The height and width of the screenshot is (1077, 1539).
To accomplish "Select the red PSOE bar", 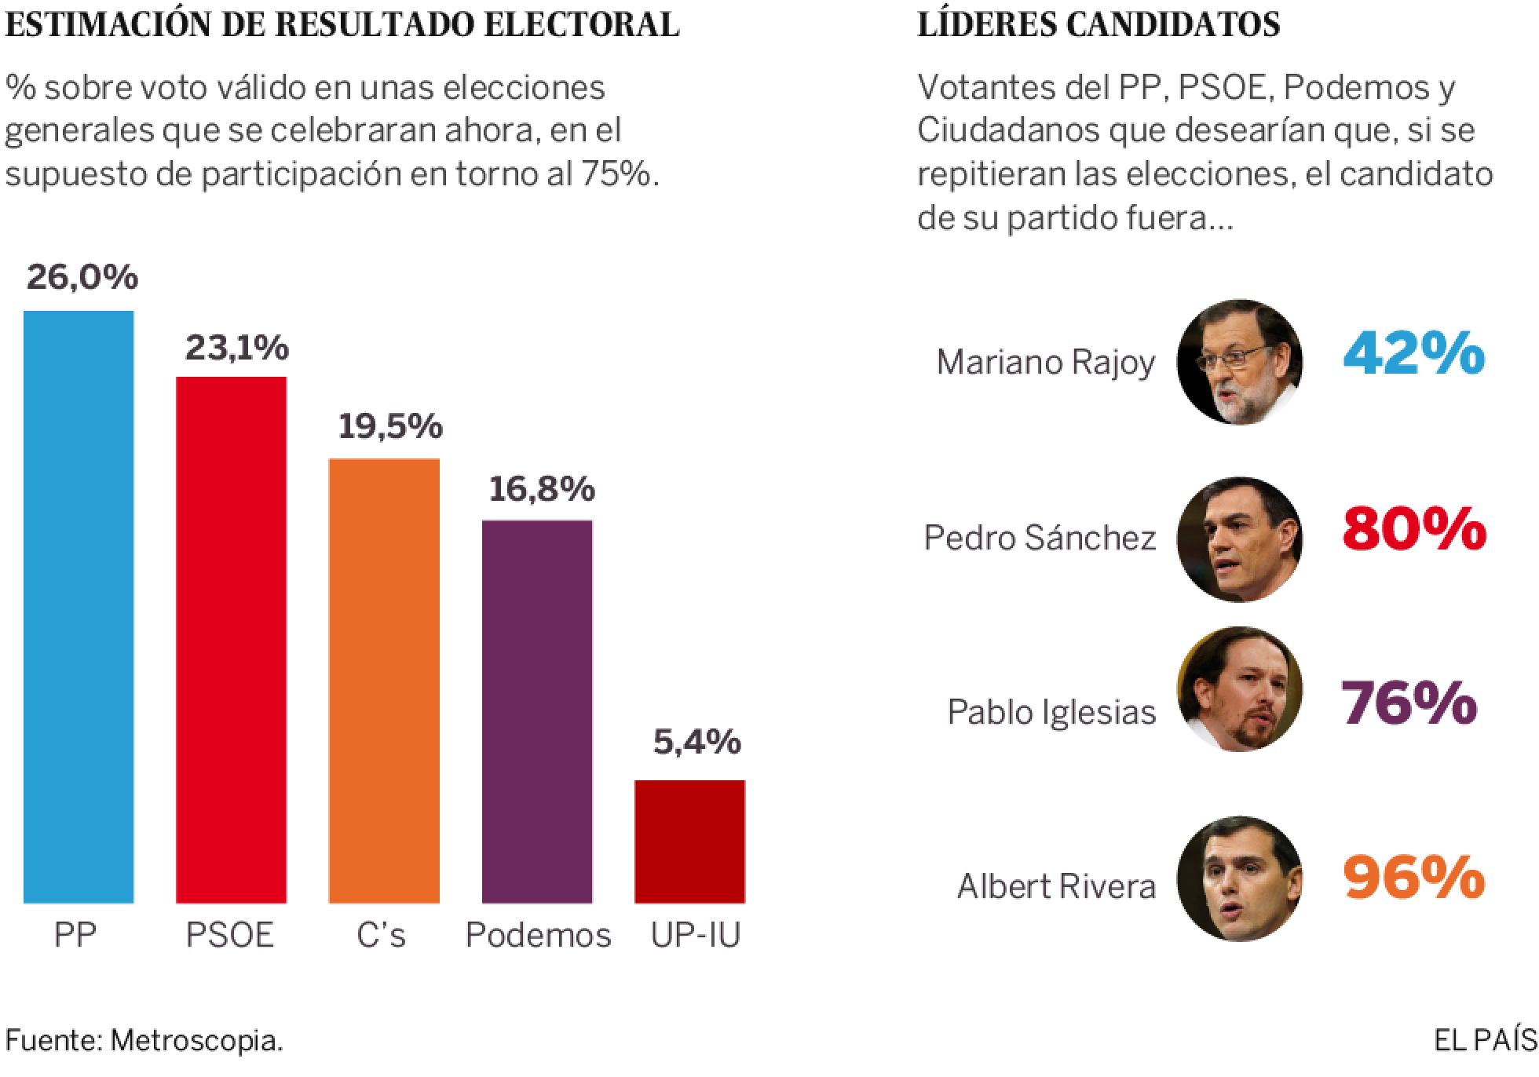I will pyautogui.click(x=231, y=640).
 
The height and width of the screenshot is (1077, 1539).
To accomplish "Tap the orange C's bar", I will pyautogui.click(x=384, y=681).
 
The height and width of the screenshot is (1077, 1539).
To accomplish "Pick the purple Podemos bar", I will pyautogui.click(x=537, y=711).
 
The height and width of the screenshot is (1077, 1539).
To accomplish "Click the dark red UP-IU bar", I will pyautogui.click(x=689, y=841).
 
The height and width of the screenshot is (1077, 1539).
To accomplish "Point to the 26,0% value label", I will pyautogui.click(x=82, y=277).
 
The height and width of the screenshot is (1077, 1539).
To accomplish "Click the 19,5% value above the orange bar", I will pyautogui.click(x=390, y=426).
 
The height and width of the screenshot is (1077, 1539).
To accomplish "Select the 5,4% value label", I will pyautogui.click(x=696, y=743).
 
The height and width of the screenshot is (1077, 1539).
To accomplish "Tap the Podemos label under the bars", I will pyautogui.click(x=538, y=935).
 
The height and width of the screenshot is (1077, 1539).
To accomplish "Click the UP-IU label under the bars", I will pyautogui.click(x=696, y=935).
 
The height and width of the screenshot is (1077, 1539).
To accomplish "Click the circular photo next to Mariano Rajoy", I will pyautogui.click(x=1239, y=363).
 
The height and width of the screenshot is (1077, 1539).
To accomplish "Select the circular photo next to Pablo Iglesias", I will pyautogui.click(x=1239, y=689).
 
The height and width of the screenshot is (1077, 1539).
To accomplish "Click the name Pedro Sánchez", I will pyautogui.click(x=1040, y=538).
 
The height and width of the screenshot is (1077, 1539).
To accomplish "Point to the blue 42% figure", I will pyautogui.click(x=1414, y=355).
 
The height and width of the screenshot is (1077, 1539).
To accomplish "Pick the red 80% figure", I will pyautogui.click(x=1414, y=530).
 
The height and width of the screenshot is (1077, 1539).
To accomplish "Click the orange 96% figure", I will pyautogui.click(x=1414, y=878).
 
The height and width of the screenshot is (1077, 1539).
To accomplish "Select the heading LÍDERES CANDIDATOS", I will pyautogui.click(x=1099, y=25).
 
